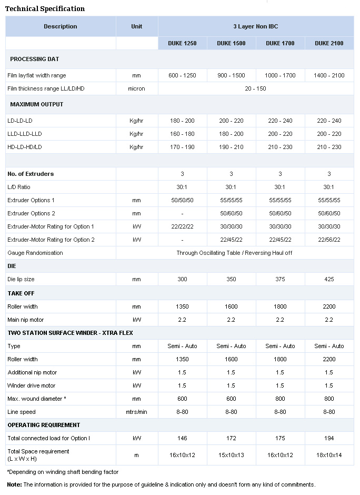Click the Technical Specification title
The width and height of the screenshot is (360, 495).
(45, 8)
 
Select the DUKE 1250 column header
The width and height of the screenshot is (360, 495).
(183, 43)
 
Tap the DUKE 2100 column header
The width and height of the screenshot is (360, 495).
(329, 43)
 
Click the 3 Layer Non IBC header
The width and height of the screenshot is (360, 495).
(255, 26)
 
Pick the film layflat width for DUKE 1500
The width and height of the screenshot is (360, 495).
(231, 75)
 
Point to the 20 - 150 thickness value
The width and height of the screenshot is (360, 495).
(255, 88)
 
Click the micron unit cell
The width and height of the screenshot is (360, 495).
(136, 88)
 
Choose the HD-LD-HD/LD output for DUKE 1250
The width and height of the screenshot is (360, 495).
(183, 147)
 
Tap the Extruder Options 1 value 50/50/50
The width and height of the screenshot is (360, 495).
(183, 200)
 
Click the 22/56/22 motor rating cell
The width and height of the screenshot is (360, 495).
(329, 240)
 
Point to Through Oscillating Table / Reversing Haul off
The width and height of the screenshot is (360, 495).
(234, 253)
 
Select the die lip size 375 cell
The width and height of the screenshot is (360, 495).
(280, 279)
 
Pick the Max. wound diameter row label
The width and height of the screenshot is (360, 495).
(36, 399)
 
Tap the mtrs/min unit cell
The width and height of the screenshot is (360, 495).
(136, 412)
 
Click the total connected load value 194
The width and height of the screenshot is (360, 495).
(329, 438)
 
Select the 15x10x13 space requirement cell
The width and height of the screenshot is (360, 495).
(231, 455)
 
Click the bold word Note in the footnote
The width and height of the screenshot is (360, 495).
(14, 484)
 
